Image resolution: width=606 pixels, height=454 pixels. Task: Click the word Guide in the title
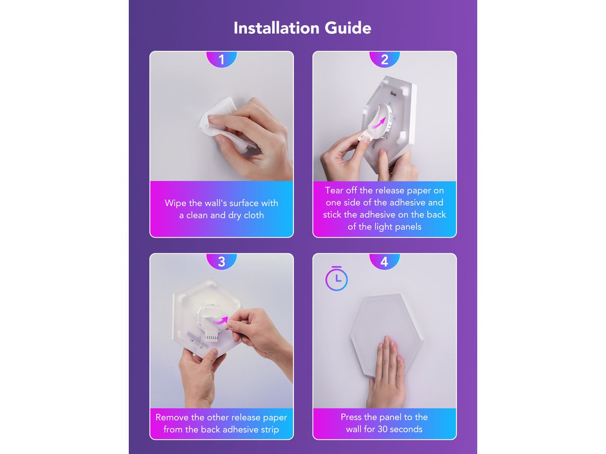[347, 28]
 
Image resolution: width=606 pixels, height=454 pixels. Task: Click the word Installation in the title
[276, 28]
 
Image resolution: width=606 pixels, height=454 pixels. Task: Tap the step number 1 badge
[221, 60]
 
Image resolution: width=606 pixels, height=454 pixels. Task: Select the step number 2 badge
[384, 60]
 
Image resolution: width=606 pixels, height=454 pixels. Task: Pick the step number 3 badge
[221, 262]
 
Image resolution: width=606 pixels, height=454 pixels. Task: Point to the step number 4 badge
[384, 262]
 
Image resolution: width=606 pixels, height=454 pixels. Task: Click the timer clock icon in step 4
[336, 278]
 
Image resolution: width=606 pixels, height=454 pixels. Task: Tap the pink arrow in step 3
[220, 321]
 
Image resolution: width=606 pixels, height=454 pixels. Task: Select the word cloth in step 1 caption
[253, 215]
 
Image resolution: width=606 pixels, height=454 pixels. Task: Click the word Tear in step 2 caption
[334, 190]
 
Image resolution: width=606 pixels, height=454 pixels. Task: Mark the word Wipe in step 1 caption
[176, 203]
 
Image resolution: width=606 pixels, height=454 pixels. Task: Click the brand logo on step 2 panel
[393, 94]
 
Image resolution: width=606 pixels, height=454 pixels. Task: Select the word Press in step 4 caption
[351, 417]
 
